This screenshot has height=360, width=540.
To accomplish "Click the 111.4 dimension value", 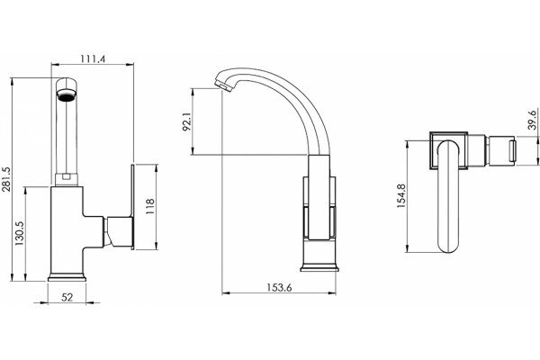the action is [x=93, y=58].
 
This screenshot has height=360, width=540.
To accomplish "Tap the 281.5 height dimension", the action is [x=6, y=179].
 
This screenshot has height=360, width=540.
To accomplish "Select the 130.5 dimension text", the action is [x=20, y=233].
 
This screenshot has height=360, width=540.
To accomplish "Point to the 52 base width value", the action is [x=67, y=297].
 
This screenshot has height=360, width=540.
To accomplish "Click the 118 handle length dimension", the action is [x=150, y=207].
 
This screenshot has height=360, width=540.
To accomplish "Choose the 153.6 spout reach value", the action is [x=279, y=287].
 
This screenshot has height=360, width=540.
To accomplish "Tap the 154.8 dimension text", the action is [x=401, y=195].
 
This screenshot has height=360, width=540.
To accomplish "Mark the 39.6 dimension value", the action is [x=533, y=120].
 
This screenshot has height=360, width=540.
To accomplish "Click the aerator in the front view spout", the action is [x=67, y=95].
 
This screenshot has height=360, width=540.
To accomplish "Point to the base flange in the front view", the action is [x=67, y=277].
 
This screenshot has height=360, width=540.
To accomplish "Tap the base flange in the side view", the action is [x=319, y=267].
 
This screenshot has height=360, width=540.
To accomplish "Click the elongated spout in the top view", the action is [x=448, y=196].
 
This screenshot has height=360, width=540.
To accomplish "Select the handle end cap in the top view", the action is [x=513, y=151].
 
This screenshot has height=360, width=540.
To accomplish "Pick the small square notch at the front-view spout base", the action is [x=67, y=177].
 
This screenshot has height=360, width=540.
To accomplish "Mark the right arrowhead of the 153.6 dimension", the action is [x=332, y=293].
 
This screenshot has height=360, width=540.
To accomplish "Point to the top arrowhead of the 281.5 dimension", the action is [x=12, y=82].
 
